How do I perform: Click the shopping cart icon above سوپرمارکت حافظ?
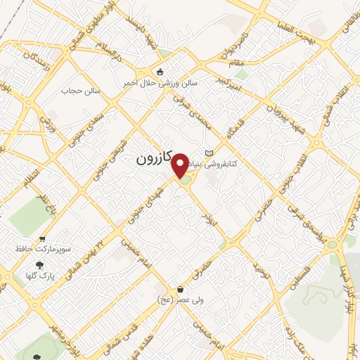click(x=43, y=239)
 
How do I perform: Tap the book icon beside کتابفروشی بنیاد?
click(x=207, y=153)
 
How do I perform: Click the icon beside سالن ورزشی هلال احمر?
click(x=160, y=72)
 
